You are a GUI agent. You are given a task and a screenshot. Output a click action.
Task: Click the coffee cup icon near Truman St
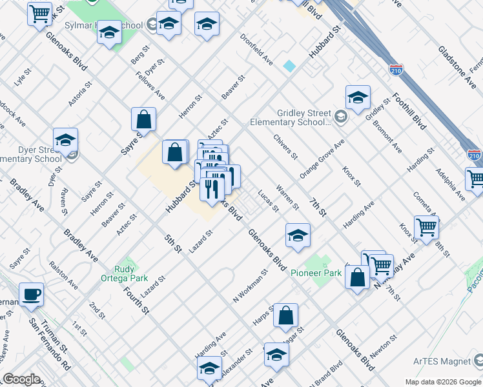[31, 295]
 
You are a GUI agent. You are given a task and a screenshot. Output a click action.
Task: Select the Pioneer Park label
[315, 273]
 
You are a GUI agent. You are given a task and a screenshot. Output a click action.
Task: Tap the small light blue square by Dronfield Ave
[289, 66]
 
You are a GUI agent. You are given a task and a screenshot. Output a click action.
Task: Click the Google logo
[21, 379]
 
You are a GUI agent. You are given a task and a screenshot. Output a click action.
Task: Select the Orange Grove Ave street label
[322, 159]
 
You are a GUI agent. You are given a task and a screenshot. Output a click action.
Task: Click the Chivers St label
[285, 146]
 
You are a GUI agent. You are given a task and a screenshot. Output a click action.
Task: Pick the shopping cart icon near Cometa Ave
[426, 228]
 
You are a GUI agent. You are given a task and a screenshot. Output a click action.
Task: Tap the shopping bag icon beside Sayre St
[143, 119]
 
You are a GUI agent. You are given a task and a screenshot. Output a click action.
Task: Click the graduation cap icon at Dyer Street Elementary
[65, 140]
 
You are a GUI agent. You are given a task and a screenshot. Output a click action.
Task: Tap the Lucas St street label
[267, 201]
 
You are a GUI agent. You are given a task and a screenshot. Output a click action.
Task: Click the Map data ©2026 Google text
[442, 382]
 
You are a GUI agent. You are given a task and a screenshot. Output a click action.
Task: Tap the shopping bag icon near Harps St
[285, 315]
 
